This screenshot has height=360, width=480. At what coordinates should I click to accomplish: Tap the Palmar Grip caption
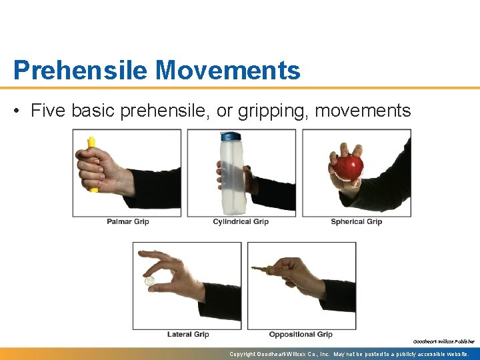(128, 221)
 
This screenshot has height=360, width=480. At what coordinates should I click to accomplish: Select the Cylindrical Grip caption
(241, 221)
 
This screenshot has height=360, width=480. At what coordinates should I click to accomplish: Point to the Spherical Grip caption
(356, 221)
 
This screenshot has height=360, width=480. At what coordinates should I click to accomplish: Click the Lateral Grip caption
(188, 334)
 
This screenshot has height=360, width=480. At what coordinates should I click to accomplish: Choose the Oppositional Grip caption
(301, 334)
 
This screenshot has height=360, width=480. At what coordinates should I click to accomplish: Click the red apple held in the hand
(349, 167)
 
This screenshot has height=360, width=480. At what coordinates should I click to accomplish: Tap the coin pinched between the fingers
(150, 281)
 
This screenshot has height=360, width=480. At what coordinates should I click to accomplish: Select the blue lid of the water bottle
(230, 137)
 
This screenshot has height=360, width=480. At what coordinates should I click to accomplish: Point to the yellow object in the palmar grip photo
(91, 143)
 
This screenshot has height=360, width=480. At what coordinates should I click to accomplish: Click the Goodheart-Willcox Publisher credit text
(443, 341)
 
